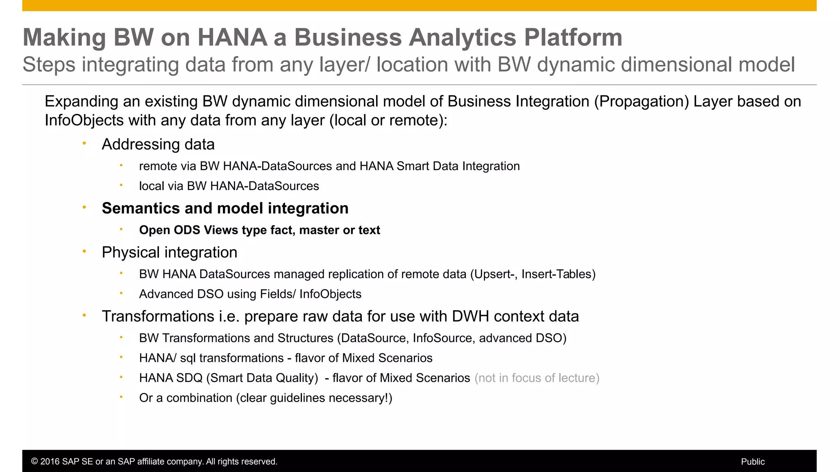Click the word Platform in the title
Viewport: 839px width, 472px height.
(573, 38)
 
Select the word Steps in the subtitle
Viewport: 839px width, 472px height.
(49, 65)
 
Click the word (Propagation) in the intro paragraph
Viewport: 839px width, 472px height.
(642, 101)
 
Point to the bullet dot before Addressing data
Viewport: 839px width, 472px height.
(84, 143)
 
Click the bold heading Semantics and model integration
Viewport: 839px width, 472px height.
(225, 208)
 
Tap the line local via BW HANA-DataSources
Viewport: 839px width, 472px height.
(229, 186)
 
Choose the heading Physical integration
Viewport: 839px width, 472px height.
(169, 252)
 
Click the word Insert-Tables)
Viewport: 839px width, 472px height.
(558, 274)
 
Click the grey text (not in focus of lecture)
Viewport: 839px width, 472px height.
(537, 378)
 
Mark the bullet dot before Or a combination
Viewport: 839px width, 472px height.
(121, 397)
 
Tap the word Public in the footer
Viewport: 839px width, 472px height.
(753, 462)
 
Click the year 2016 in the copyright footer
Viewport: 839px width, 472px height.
(49, 462)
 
